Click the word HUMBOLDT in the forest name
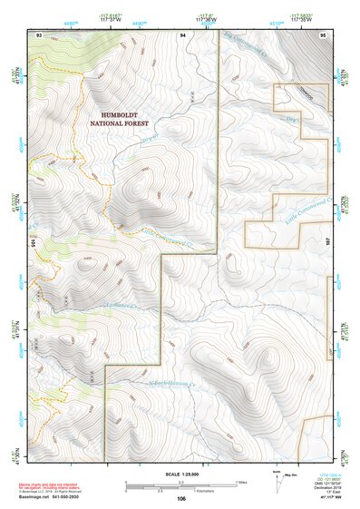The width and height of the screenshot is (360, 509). pos(126,115)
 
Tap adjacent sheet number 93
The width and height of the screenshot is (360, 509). pos(39,34)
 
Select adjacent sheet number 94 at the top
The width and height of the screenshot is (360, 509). pos(183,34)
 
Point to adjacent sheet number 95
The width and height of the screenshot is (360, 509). pos(323,34)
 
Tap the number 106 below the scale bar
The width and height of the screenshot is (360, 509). pos(181,499)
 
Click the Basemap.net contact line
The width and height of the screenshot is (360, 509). pos(51,497)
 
